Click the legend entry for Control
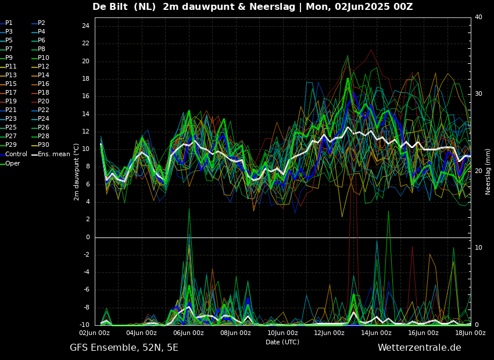pyautogui.click(x=13, y=154)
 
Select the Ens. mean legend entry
pyautogui.click(x=51, y=154)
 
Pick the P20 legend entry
pyautogui.click(x=41, y=102)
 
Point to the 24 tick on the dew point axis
pyautogui.click(x=85, y=26)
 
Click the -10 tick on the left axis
pyautogui.click(x=84, y=325)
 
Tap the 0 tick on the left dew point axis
pyautogui.click(x=88, y=237)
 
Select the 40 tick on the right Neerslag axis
pyautogui.click(x=478, y=17)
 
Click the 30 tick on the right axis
pyautogui.click(x=478, y=94)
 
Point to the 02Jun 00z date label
pyautogui.click(x=95, y=333)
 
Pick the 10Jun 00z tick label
pyautogui.click(x=282, y=333)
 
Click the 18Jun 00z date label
pyautogui.click(x=470, y=333)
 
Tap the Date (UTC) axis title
pyautogui.click(x=282, y=342)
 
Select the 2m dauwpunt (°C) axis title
pyautogui.click(x=76, y=172)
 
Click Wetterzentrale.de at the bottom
pyautogui.click(x=420, y=348)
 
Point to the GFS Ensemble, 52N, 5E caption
pyautogui.click(x=124, y=348)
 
